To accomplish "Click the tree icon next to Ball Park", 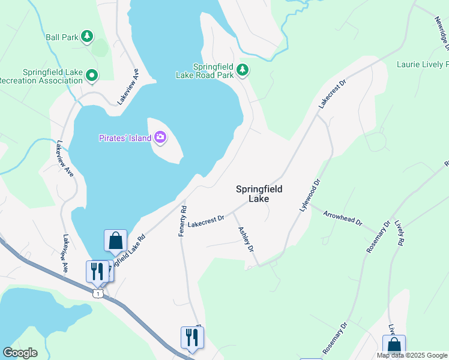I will pyautogui.click(x=87, y=37).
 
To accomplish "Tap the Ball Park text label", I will pyautogui.click(x=62, y=37).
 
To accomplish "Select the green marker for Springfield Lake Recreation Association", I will pyautogui.click(x=92, y=76).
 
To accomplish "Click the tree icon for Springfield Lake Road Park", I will pyautogui.click(x=243, y=70).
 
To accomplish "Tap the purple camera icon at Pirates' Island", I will pyautogui.click(x=160, y=138).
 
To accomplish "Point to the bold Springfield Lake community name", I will pyautogui.click(x=259, y=193).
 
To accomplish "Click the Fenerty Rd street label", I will pyautogui.click(x=184, y=221).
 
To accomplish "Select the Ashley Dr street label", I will pyautogui.click(x=246, y=239).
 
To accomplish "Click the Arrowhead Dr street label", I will pyautogui.click(x=343, y=218).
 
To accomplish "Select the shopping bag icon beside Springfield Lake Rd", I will pyautogui.click(x=115, y=241).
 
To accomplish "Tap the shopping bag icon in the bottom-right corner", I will pyautogui.click(x=394, y=346).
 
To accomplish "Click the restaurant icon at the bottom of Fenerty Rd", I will pyautogui.click(x=192, y=337).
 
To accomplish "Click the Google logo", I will pyautogui.click(x=20, y=353).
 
